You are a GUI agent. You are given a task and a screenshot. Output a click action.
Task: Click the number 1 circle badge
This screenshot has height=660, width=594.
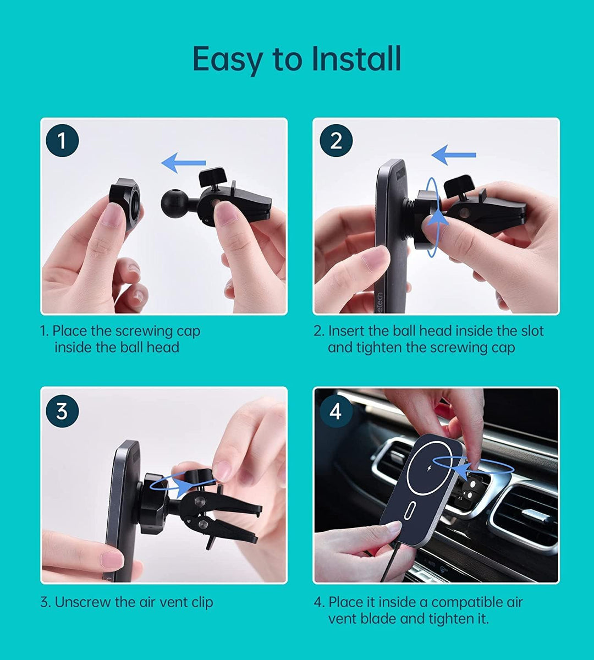click(x=62, y=140)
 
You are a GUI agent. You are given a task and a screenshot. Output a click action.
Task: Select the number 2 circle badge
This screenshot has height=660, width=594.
click(x=336, y=141)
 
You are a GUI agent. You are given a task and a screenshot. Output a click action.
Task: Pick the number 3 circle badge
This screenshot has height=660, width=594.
click(x=62, y=411)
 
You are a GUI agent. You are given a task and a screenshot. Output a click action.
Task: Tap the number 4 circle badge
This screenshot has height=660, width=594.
click(x=336, y=411)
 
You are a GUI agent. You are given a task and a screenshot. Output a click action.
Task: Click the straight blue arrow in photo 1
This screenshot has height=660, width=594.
click(x=183, y=163)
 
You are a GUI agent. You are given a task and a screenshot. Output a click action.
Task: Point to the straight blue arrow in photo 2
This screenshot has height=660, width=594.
click(x=454, y=155)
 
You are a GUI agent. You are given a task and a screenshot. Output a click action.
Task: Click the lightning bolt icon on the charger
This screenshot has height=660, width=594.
click(x=429, y=468)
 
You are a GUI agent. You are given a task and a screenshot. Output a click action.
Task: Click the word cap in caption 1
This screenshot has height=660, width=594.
click(x=189, y=332)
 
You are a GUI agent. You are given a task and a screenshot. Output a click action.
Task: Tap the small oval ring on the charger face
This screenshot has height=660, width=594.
click(x=409, y=510)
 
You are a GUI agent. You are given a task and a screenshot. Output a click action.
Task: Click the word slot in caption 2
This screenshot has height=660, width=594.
click(x=532, y=331)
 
